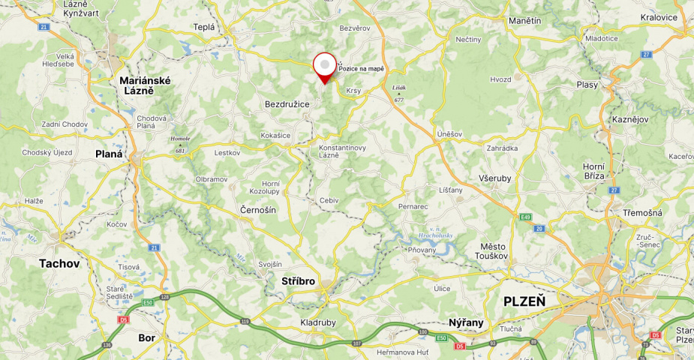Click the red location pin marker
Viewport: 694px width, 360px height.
(x=325, y=67)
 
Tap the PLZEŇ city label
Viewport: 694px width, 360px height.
(x=524, y=301)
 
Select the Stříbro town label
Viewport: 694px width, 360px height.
(x=299, y=281)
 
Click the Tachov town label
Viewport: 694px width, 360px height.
(x=59, y=263)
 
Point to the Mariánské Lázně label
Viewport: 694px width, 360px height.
(x=145, y=85)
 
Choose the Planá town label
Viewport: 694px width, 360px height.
(x=109, y=153)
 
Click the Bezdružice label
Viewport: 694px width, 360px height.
(x=287, y=104)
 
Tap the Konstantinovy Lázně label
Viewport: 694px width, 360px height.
(x=342, y=151)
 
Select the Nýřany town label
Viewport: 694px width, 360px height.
(x=466, y=322)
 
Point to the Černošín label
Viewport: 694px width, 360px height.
(x=258, y=210)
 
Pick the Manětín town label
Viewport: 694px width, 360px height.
(x=524, y=20)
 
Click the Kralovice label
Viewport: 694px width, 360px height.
(x=659, y=17)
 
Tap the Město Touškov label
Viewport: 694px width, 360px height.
(x=493, y=250)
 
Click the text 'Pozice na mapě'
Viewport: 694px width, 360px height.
(x=361, y=69)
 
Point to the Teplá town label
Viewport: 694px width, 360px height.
(x=203, y=27)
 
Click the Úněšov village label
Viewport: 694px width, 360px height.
(x=449, y=133)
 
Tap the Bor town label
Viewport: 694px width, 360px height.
(x=147, y=337)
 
